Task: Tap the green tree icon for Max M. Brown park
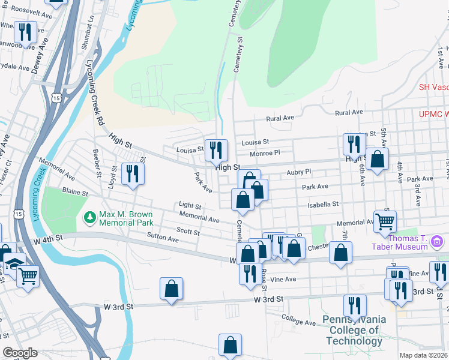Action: [x=89, y=215]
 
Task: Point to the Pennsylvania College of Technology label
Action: [x=354, y=330]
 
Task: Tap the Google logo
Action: [x=20, y=353]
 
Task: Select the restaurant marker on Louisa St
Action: [x=216, y=150]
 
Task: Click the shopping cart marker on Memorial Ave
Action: [x=384, y=221]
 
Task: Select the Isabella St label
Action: [x=325, y=205]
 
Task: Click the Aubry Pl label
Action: [x=299, y=172]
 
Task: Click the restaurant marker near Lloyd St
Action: [x=131, y=174]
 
